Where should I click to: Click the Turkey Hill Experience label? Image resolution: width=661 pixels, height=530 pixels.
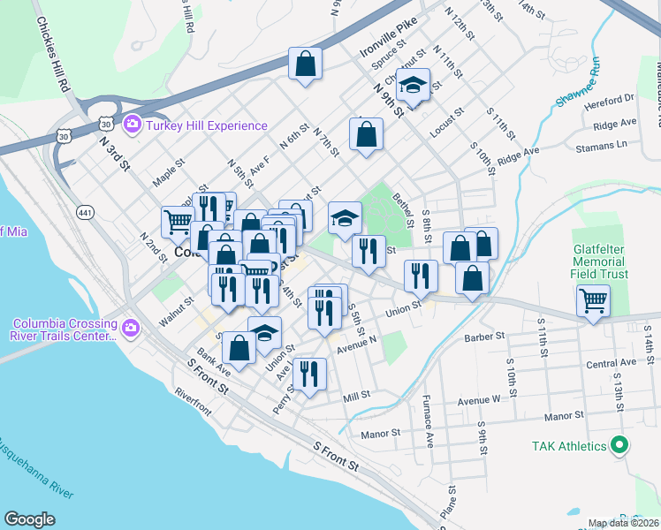tap(207, 125)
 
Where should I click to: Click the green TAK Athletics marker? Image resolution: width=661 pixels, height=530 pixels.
tap(620, 446)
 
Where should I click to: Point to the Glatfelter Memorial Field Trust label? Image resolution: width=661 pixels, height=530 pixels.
tap(599, 262)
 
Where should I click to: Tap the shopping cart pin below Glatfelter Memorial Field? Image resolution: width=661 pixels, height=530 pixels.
tap(593, 300)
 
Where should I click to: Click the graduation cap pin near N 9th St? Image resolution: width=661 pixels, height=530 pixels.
tap(412, 86)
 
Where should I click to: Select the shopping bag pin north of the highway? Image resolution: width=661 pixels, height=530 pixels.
tap(305, 64)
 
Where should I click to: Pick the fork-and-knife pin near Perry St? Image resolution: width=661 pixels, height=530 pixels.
tap(309, 374)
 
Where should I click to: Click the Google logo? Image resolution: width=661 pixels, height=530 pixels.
tap(29, 519)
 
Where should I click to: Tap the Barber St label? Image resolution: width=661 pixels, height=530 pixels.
tap(483, 337)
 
